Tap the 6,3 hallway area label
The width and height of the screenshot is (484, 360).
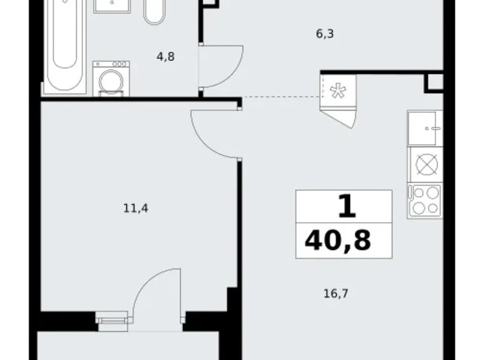point(325,34)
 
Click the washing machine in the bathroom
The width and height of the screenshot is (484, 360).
point(110,79)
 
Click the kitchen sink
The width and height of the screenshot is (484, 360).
point(425,128)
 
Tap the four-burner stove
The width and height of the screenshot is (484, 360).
point(425,201)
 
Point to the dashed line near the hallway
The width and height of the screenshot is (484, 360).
point(280,97)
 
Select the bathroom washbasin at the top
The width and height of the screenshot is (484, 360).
point(112,6)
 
